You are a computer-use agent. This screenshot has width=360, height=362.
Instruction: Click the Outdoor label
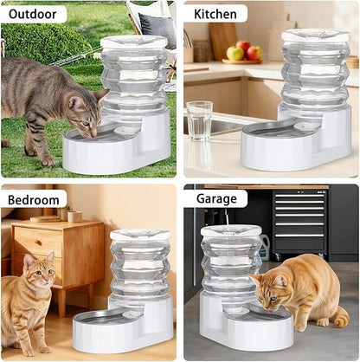coord(35,14)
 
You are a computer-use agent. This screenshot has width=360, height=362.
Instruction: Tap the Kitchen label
coord(215,14)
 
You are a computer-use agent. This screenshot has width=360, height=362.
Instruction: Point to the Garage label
coord(215,198)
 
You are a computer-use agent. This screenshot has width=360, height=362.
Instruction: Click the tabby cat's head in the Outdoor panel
coord(85,113)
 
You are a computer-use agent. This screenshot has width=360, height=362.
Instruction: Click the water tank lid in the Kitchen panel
coord(315,36)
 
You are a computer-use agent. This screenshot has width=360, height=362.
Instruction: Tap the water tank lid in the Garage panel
coord(231,230)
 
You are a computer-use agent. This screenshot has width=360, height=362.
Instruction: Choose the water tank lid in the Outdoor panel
coord(133,41)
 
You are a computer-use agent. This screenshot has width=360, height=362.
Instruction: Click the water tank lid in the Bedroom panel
coord(140,235)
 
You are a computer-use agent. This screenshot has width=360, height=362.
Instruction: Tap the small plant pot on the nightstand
coord(66,211)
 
